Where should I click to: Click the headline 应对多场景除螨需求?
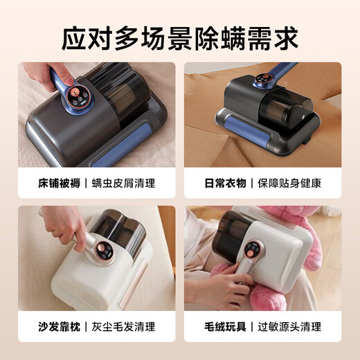coord(179,36)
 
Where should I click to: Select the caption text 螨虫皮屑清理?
coord(125,184)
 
